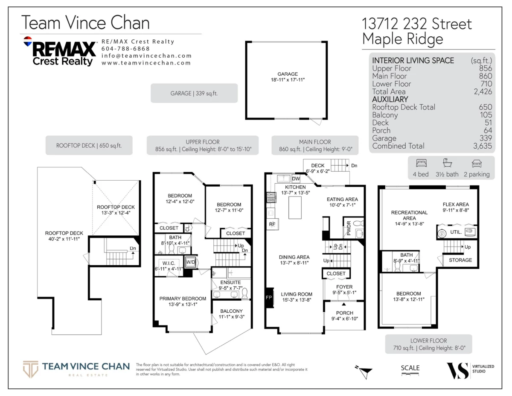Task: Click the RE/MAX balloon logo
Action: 28,42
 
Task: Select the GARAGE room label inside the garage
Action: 288,74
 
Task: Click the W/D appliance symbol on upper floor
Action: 190,262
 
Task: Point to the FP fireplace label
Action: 269,297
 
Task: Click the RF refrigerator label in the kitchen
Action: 272,224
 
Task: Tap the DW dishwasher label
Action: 296,179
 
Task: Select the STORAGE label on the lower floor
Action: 460,260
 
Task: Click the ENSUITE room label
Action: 230,282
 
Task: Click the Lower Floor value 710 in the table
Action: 486,84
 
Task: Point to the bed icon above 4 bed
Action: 420,163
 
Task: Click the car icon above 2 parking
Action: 476,163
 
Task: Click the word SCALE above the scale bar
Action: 410,368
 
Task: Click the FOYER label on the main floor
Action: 344,287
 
